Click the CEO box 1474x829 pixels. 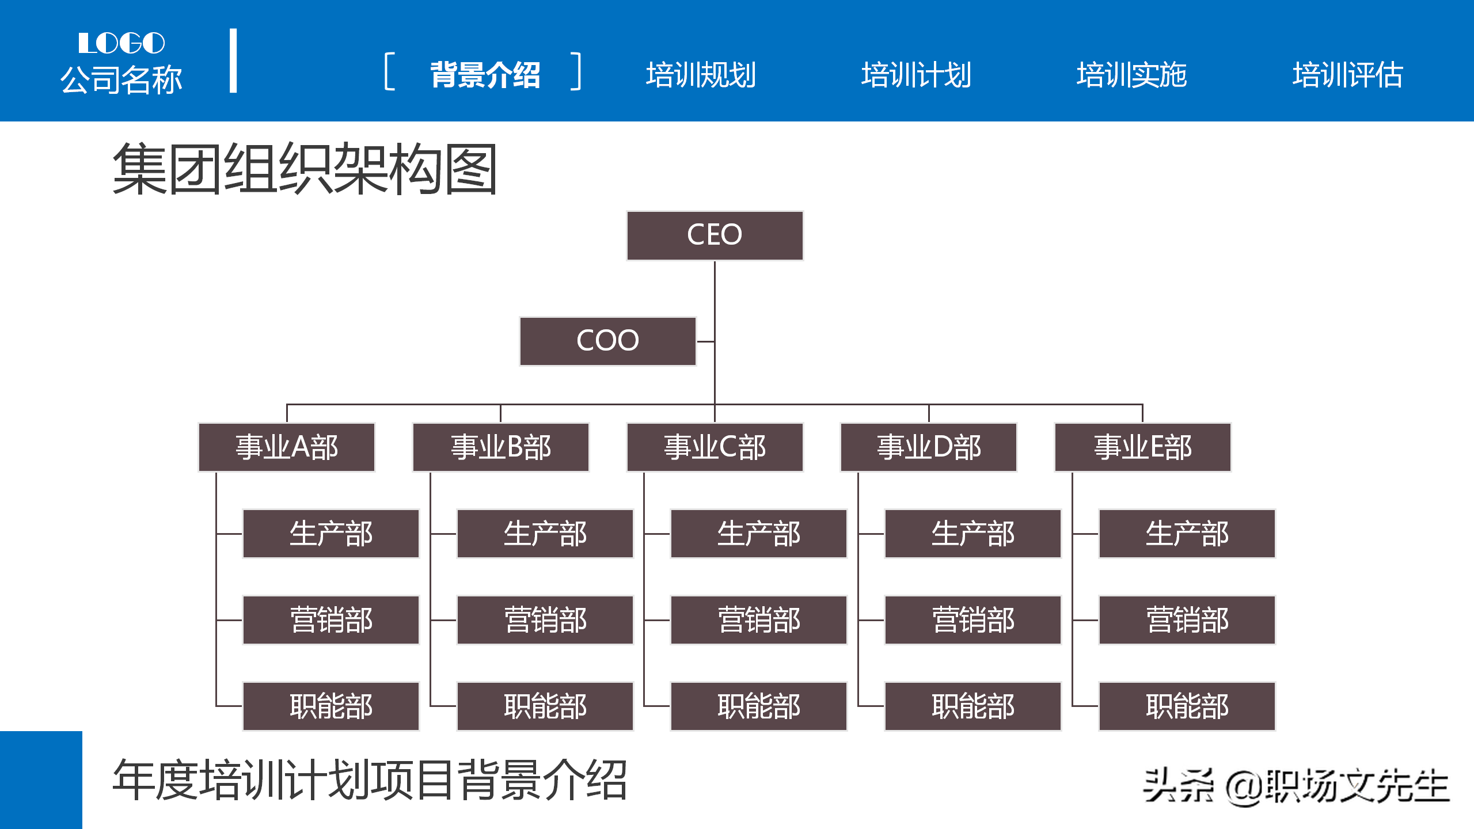[715, 235]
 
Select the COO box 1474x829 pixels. [607, 341]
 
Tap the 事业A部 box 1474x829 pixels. [287, 447]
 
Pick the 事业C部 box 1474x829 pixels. [715, 447]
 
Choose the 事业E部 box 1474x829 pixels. [1142, 447]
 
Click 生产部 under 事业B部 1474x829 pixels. [545, 534]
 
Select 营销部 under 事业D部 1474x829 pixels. [972, 620]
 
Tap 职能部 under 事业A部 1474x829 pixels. [331, 706]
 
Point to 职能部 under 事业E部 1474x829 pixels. [1187, 706]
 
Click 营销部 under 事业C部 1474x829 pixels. [759, 620]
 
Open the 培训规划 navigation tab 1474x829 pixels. [701, 75]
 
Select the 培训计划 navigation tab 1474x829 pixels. [916, 75]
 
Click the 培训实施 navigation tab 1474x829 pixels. [1131, 75]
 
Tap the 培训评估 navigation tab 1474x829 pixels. [1347, 75]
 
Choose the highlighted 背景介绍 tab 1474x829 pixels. [485, 75]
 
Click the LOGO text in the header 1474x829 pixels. [121, 43]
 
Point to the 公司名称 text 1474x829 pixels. [121, 79]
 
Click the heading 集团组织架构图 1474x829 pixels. [305, 169]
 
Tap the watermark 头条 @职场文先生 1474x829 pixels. [1296, 786]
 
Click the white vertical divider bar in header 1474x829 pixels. [233, 60]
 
